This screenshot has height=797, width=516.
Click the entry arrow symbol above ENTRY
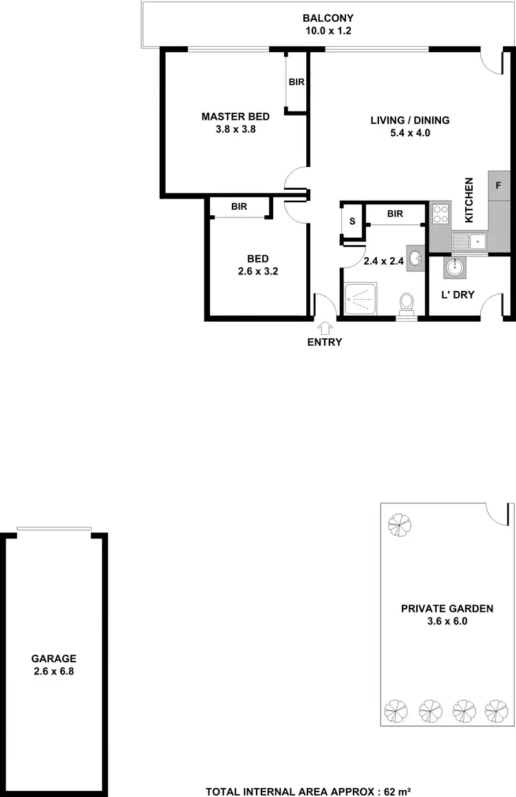click(324, 329)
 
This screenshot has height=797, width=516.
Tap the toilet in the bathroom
click(406, 302)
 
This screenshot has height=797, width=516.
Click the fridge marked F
click(498, 186)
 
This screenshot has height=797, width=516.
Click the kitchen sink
click(469, 241)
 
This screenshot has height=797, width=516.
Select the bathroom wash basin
click(416, 259)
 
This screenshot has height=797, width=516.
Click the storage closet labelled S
click(352, 221)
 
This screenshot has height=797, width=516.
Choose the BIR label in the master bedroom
click(297, 82)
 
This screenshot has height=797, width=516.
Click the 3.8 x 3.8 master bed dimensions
click(235, 129)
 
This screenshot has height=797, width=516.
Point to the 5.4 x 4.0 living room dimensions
click(410, 133)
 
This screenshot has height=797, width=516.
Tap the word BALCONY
click(327, 19)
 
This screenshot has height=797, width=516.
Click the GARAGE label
click(54, 658)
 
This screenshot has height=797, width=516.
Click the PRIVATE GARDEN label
click(447, 609)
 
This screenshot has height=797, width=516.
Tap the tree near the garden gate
click(398, 525)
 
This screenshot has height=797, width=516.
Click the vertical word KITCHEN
click(470, 200)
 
